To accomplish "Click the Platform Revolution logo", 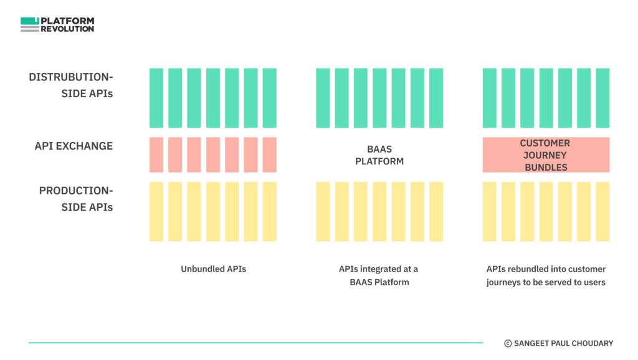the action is (x=57, y=24).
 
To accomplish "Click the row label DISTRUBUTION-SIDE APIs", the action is (x=71, y=85).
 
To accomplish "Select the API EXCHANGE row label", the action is (x=74, y=146).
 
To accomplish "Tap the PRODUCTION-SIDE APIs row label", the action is (x=76, y=199).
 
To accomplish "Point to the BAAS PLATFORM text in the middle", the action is (x=379, y=155).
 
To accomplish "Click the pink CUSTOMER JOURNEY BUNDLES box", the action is (x=546, y=155).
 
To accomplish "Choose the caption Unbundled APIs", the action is (x=213, y=269).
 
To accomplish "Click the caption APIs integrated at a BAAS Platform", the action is (x=379, y=275).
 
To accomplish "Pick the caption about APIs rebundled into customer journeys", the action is (x=546, y=275).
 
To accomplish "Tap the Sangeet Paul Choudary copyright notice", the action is (x=559, y=343).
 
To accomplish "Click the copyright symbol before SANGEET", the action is (x=508, y=344).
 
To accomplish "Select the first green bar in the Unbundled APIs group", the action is (x=156, y=98).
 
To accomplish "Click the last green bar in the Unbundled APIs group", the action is (x=269, y=98).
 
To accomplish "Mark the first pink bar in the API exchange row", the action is (x=156, y=155).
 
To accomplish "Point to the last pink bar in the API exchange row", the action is (x=269, y=155).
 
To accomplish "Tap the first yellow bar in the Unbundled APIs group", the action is (x=156, y=212).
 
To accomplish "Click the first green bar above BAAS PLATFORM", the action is (x=323, y=98).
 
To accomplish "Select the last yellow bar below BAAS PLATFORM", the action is (x=436, y=212).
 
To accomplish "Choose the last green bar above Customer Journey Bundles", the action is (x=602, y=98).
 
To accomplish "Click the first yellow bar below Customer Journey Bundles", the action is (x=490, y=212).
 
